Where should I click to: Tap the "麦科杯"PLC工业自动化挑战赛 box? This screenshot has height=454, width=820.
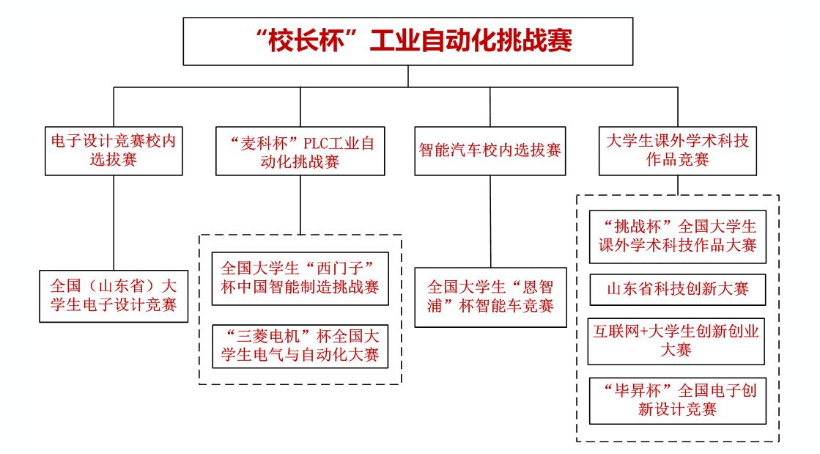300,150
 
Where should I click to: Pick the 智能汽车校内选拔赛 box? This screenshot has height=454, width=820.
489,150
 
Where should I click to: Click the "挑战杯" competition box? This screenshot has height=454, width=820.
678,235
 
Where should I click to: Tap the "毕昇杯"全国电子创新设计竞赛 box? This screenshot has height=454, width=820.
678,399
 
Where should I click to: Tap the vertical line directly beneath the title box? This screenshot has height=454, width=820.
410,76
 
